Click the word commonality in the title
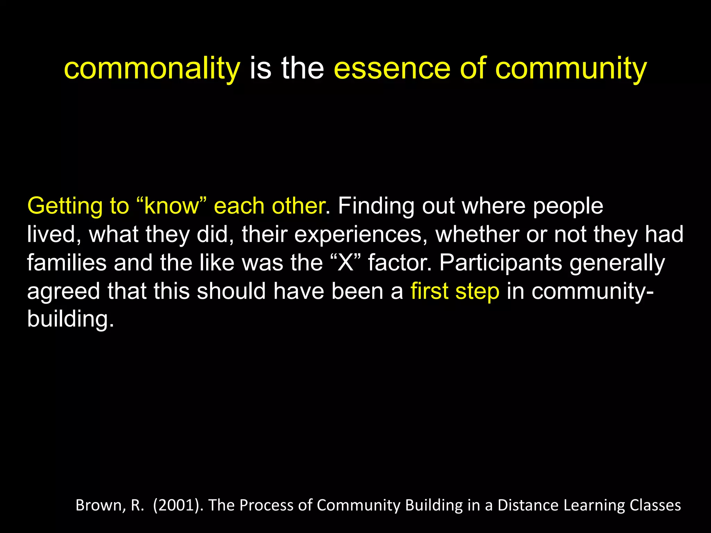tap(152, 69)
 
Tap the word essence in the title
tap(392, 69)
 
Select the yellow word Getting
tap(65, 206)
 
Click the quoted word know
tap(172, 206)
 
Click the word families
tap(67, 263)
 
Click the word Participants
tap(501, 263)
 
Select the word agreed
tap(64, 291)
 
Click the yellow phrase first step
tap(455, 291)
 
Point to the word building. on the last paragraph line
tap(70, 319)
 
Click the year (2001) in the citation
tap(178, 505)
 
